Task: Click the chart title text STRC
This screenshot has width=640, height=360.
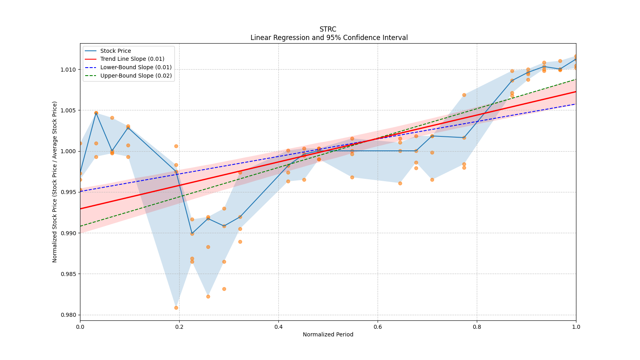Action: tap(328, 29)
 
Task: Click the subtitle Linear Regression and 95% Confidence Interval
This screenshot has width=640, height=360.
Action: tap(329, 38)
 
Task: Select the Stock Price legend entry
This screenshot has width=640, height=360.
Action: tap(116, 51)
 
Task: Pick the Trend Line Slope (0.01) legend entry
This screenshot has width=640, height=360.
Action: tap(132, 59)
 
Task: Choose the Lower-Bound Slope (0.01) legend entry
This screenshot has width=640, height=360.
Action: tap(136, 68)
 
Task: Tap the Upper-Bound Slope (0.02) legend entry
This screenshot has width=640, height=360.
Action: tap(136, 76)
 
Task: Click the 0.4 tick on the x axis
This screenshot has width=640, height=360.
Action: tap(278, 327)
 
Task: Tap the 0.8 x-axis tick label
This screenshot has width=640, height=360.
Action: tap(477, 327)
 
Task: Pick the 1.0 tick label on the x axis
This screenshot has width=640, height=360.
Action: tap(576, 327)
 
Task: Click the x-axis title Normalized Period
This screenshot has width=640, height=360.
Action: tap(328, 334)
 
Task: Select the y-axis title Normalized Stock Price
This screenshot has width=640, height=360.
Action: tap(55, 182)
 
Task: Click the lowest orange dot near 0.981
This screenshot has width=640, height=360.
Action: tap(176, 308)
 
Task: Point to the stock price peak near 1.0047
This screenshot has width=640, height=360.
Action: tap(96, 113)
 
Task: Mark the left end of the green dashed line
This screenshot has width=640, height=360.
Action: tap(80, 226)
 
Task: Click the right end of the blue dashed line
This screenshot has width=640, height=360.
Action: tap(576, 104)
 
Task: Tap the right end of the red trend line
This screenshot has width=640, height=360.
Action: tap(576, 92)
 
